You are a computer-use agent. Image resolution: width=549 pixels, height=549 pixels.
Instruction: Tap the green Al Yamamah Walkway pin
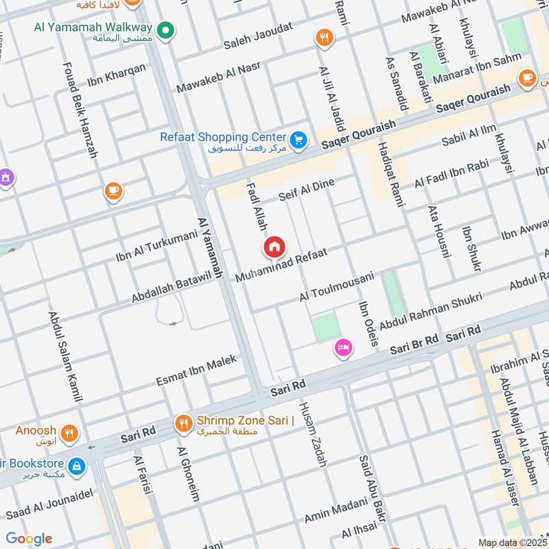coord(165,30)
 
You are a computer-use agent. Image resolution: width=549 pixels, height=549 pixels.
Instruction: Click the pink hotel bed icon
coord(344,348)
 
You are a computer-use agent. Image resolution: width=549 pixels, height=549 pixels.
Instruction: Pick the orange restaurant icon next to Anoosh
coord(69,433)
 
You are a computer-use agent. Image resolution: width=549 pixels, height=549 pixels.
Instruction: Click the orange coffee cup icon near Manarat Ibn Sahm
coord(528,78)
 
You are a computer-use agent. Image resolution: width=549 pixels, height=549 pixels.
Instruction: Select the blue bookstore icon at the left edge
coord(77,466)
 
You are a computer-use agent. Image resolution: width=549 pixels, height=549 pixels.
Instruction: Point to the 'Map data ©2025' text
coord(512,543)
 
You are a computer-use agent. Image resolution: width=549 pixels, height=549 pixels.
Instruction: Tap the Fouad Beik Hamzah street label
coord(82,110)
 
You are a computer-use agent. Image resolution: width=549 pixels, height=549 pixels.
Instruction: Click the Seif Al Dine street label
coord(306,189)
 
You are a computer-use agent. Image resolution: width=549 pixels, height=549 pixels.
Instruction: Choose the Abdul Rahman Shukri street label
coord(430,309)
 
